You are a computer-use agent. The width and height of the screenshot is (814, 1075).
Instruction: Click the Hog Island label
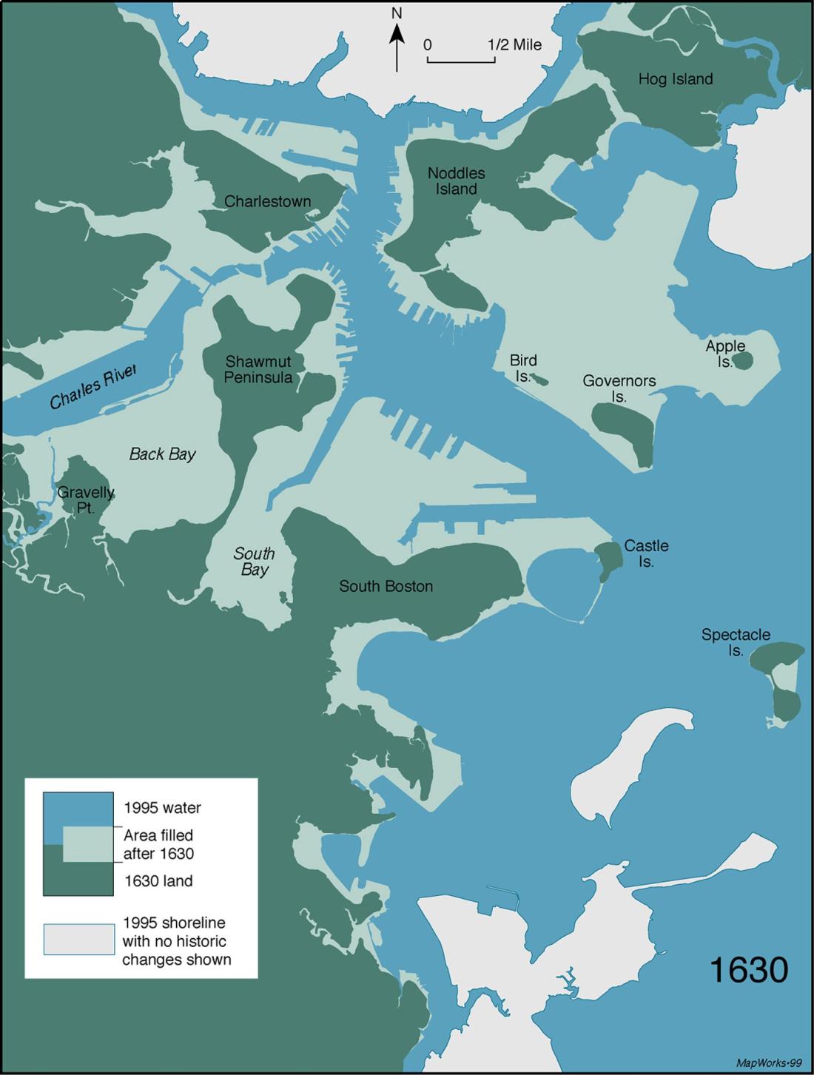676,79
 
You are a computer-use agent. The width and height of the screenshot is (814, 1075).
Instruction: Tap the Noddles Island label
457,181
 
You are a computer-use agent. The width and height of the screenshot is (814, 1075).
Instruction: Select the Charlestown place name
267,201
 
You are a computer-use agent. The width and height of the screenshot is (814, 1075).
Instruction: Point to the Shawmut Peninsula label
258,369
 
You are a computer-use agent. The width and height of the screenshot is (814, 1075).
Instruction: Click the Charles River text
93,387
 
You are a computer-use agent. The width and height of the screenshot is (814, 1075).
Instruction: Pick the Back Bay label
162,454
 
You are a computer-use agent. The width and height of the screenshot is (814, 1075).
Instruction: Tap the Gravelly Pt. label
86,500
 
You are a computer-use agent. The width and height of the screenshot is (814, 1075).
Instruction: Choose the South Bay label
254,562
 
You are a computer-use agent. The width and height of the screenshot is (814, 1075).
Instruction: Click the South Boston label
386,586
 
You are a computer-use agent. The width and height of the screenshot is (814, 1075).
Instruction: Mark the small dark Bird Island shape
540,380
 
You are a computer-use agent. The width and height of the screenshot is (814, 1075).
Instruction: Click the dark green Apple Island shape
742,360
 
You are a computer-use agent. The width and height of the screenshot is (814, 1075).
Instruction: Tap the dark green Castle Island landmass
608,561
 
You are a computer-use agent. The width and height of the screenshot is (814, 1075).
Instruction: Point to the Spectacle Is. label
735,642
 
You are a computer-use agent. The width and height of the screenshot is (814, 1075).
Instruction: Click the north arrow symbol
397,47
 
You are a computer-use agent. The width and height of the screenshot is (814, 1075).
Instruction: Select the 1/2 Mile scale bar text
514,44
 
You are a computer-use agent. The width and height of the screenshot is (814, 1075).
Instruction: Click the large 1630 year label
748,969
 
